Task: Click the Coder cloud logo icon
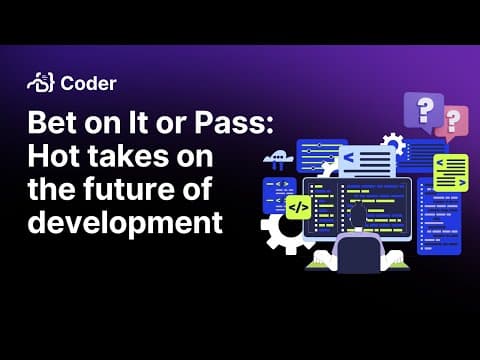point(40,82)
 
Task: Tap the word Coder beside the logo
point(88,83)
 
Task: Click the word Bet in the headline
point(52,122)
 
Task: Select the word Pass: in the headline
point(234,122)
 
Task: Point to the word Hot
point(54,156)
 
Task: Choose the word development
point(125,222)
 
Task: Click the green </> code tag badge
point(299,208)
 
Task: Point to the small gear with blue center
point(393,144)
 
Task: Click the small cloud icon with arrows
point(278,159)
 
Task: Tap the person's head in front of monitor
point(359,215)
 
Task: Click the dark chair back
point(359,252)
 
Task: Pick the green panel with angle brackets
point(451,173)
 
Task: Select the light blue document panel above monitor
point(368,162)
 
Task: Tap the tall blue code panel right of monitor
point(439,217)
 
